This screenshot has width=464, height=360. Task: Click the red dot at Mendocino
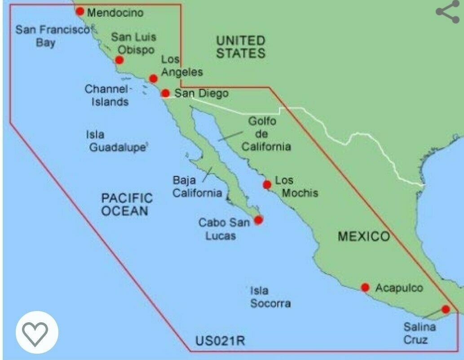click(80, 11)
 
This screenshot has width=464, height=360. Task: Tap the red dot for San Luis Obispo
click(119, 60)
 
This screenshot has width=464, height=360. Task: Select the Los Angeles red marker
click(153, 79)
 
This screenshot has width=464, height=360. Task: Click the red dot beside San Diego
click(165, 93)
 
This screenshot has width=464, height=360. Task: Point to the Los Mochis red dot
click(267, 184)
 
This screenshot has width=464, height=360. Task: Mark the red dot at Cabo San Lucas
click(258, 220)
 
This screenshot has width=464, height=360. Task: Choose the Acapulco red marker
click(365, 287)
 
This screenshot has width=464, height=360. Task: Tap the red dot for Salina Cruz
click(445, 309)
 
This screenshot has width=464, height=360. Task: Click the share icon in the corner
click(447, 12)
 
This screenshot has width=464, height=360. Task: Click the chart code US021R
click(220, 341)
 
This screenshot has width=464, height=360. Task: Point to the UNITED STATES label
click(240, 47)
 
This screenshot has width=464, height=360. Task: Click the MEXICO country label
click(363, 236)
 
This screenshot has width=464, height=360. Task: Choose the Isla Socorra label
click(270, 297)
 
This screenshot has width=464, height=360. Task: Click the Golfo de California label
click(266, 134)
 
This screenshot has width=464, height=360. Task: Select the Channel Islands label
click(107, 95)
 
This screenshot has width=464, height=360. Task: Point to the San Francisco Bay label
click(53, 36)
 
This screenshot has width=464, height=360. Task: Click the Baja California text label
click(197, 187)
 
